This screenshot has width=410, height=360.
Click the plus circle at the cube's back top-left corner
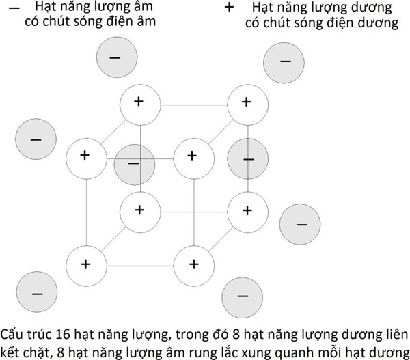(139, 102)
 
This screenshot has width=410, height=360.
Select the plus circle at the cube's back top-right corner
(247, 102)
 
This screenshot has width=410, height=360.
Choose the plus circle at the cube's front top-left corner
(87, 156)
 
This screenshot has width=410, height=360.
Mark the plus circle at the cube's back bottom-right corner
(247, 210)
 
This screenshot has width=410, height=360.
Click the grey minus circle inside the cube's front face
(134, 165)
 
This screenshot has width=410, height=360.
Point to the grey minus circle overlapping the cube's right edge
(247, 159)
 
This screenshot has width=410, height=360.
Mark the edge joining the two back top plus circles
(193, 103)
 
